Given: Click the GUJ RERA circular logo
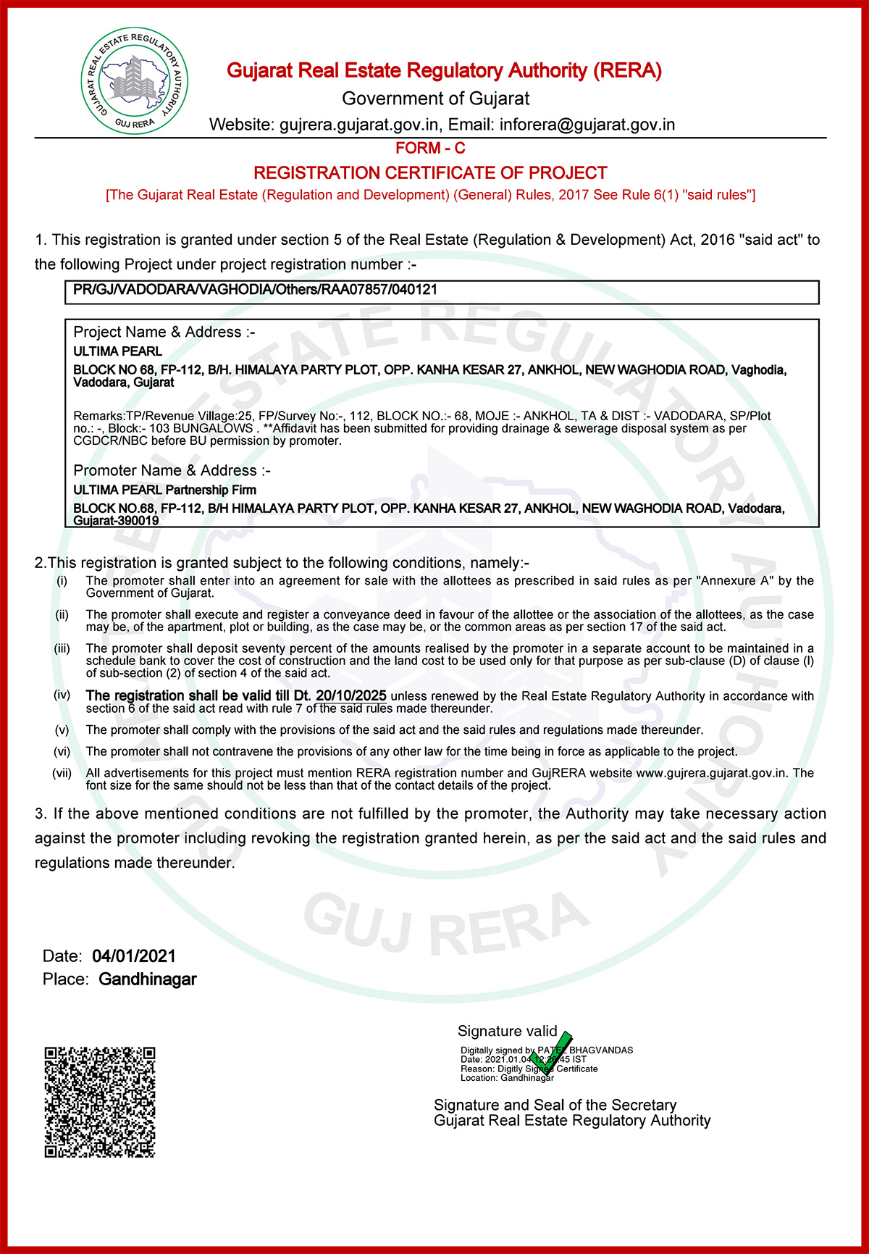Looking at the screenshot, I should click(x=135, y=81).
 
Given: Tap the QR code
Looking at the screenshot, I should click(x=100, y=1101).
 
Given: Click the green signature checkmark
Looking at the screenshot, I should click(x=553, y=1053).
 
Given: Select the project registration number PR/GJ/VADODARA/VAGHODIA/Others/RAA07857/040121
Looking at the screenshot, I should click(x=255, y=290).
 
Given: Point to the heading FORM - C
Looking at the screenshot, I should click(x=430, y=149).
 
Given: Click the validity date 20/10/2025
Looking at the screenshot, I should click(x=351, y=695).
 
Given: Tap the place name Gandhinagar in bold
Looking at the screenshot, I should click(x=148, y=979).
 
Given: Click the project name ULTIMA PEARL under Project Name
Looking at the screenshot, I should click(x=118, y=351).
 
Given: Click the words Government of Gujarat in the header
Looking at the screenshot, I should click(x=435, y=99).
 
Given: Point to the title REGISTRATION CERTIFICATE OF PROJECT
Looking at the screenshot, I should click(x=430, y=173).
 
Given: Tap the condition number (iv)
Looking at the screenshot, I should click(x=62, y=695).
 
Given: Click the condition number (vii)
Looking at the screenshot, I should click(x=62, y=773).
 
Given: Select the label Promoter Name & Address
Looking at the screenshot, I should click(x=172, y=471).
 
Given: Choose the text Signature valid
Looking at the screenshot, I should click(x=507, y=1031).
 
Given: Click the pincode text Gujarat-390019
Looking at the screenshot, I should click(x=117, y=520).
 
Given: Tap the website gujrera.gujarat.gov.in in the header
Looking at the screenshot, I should click(x=359, y=125).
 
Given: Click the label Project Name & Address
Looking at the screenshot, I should click(x=164, y=333).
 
